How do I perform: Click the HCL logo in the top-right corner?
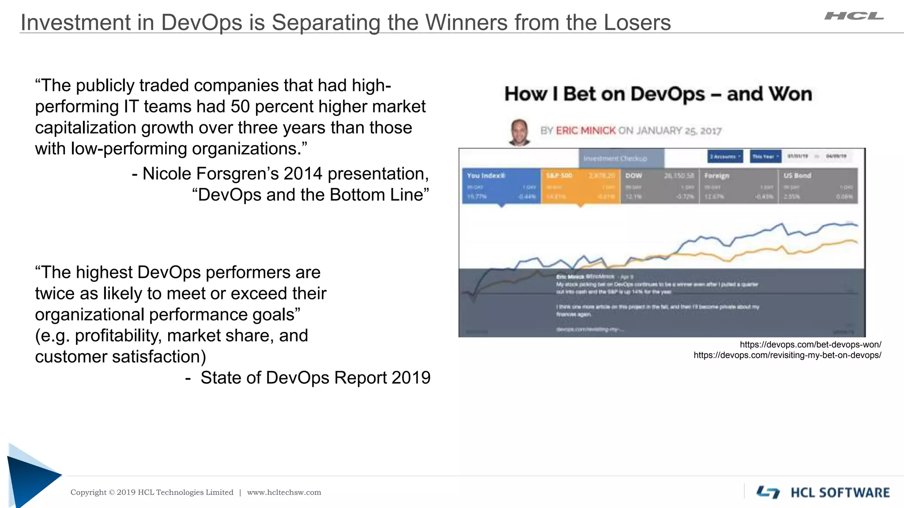click(854, 16)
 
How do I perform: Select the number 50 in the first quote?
click(240, 107)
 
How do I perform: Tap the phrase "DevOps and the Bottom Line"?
click(310, 195)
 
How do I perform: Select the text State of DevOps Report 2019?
click(315, 378)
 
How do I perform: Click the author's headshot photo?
click(519, 131)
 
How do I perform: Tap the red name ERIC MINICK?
click(585, 131)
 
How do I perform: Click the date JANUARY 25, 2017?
click(678, 131)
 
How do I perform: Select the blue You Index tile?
click(501, 186)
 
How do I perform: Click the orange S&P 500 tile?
click(580, 186)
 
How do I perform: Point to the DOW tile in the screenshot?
click(659, 186)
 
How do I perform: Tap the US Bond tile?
click(818, 186)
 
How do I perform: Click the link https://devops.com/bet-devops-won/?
click(810, 345)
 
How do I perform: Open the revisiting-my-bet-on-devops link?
click(787, 355)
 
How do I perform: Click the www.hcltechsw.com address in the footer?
click(284, 493)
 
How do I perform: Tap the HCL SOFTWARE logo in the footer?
click(823, 493)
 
